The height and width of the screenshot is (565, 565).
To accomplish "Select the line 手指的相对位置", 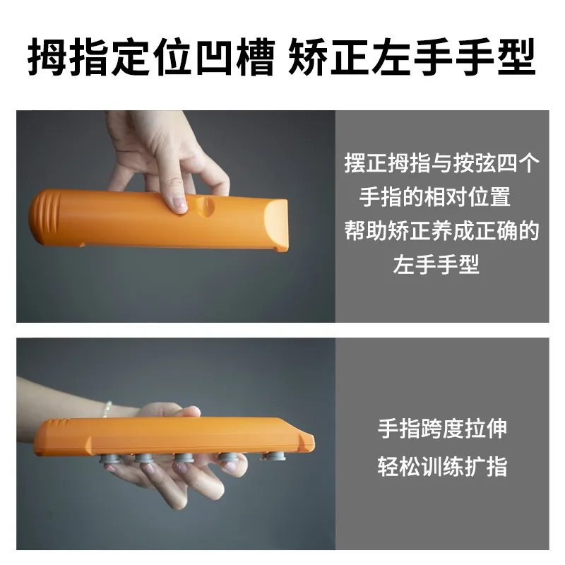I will point(435,198).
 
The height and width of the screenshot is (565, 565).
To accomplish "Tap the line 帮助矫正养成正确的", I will point(441,231).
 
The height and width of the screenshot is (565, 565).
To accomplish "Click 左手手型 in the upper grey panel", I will point(436,264).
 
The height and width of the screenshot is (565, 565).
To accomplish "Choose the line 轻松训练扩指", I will point(442,467).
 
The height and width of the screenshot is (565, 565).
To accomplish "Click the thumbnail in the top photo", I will point(179,204).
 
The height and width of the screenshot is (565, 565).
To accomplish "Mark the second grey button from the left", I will point(145,460).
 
